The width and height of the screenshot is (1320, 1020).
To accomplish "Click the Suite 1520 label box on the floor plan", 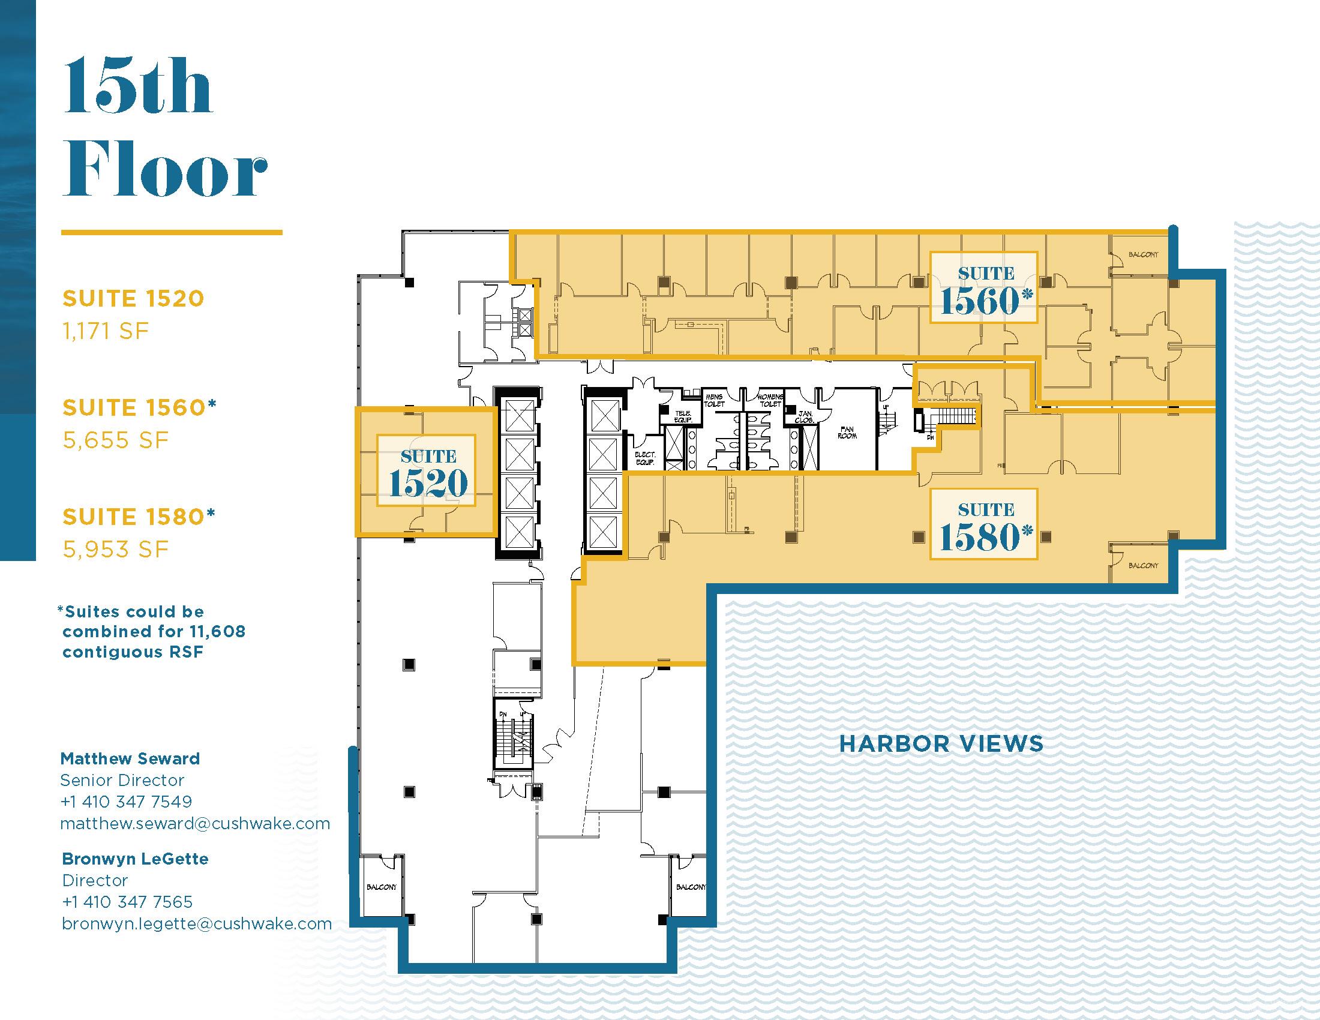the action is pos(426,470).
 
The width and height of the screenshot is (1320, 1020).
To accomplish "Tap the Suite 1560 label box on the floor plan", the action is pos(983,287).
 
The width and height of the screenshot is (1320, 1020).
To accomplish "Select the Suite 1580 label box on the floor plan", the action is pos(983,524).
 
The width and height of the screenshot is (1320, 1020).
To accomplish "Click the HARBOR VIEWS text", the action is pos(941,744).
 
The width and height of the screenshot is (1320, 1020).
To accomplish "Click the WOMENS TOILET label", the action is pos(770,401).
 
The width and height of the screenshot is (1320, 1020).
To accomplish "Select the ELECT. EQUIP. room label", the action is pos(645,458).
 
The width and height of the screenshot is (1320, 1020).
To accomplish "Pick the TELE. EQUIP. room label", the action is pos(682,416).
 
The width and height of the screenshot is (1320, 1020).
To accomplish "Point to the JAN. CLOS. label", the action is pos(804,416).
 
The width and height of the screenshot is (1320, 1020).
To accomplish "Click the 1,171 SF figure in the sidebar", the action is pos(106,331).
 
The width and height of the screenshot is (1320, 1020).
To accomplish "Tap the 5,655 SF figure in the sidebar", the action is pos(115,440).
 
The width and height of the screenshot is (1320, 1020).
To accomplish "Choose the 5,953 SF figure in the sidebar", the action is pos(115,548).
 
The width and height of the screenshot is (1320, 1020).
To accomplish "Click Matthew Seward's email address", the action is pos(195,824).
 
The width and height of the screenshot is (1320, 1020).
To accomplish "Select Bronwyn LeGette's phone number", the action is pos(127,902).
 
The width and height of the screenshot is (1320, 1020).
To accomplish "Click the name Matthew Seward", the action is pos(130,759).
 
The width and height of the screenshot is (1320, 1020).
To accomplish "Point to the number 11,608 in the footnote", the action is pos(215,632).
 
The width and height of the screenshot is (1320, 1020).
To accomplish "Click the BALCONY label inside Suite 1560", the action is pos(1143,254).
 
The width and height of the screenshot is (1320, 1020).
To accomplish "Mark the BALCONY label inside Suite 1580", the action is pos(1143,566).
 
